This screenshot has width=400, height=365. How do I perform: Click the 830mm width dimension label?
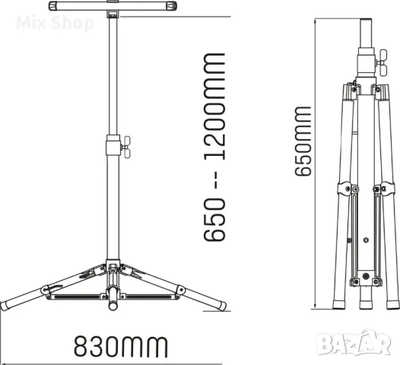119,346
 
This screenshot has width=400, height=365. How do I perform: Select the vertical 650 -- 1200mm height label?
215,146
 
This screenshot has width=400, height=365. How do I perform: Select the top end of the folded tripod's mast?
366,17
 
